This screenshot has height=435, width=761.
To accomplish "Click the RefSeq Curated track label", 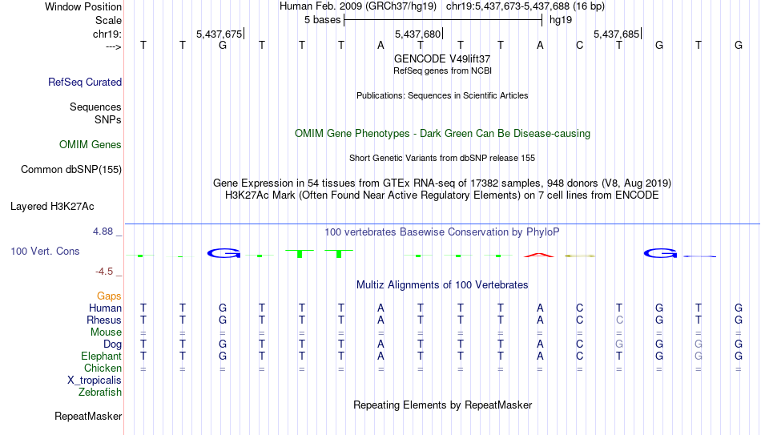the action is coord(85,82).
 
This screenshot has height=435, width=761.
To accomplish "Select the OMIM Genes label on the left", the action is coord(91,145).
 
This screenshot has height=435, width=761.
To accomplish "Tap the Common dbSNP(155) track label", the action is coord(71,170).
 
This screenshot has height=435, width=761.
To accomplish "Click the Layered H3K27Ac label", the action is coord(52,207).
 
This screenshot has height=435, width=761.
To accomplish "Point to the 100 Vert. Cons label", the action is coord(45,251).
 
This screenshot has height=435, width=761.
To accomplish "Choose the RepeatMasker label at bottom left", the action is coord(88,416).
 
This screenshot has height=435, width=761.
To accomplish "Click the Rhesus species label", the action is coord(104,320).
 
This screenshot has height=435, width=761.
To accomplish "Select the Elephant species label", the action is coord(102,356).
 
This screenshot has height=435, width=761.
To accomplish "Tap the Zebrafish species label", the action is coord(100,392).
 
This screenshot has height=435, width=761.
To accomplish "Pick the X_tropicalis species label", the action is coord(95,381).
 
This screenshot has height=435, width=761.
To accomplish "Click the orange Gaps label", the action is coord(109,296).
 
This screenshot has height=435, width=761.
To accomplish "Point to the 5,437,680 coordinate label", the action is coord(417,34).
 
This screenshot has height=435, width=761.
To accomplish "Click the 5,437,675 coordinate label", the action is coord(219,34).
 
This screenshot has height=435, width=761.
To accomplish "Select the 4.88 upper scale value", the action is coord(103,232).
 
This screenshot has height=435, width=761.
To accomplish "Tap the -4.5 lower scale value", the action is coord(104,272).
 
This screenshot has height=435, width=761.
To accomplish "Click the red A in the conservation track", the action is coord(539,255).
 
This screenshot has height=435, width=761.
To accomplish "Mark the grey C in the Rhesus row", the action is coord(619,320).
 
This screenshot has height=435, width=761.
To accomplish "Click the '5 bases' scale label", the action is coord(322,20).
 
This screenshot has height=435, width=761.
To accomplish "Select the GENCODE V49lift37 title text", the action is coord(442,58).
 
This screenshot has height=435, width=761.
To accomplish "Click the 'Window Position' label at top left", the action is coord(83,6).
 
